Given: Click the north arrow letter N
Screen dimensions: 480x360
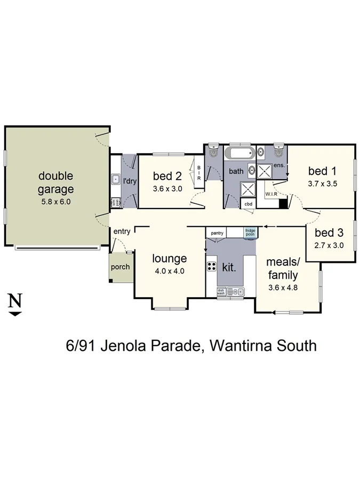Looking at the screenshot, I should (x=15, y=301).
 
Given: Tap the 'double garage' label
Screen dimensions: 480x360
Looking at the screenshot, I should (x=55, y=182).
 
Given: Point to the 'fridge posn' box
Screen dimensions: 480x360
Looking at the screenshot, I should (x=250, y=233).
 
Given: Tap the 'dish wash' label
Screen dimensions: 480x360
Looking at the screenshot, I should (x=221, y=291).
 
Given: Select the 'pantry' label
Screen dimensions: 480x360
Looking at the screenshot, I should (x=217, y=233).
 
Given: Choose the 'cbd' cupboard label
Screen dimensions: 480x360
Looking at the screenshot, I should (x=248, y=204).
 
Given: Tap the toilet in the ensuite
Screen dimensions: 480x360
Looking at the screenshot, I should (x=278, y=152).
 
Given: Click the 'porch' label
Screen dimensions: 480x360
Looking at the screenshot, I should (x=120, y=267).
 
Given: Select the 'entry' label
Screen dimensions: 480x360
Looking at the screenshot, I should (x=122, y=231).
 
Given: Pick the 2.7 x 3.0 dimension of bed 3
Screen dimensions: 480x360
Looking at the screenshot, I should (x=329, y=246).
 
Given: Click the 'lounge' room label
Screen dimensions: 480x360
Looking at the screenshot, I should (x=169, y=259).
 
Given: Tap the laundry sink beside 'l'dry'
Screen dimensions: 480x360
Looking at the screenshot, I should (x=115, y=180).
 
